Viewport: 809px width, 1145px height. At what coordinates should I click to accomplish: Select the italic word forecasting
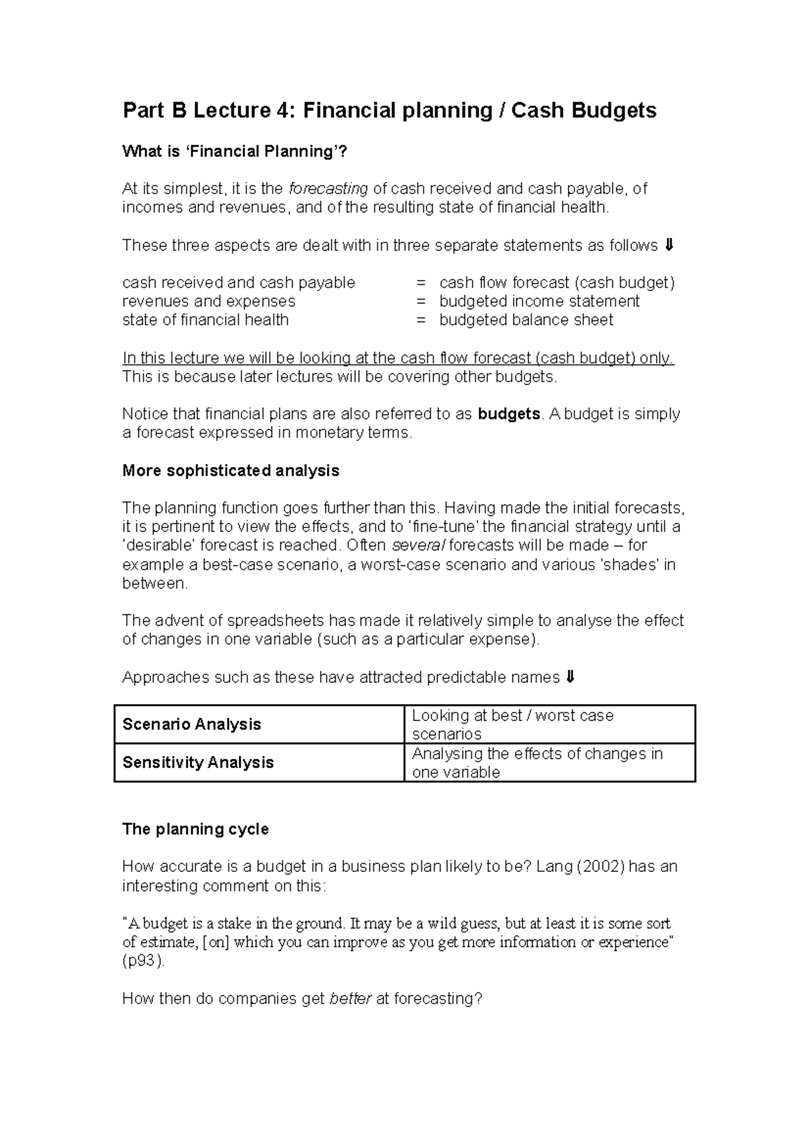coord(328,189)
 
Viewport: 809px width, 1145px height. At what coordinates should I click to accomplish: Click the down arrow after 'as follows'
coord(668,245)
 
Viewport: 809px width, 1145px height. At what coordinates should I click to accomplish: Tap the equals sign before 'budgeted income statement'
coord(421,301)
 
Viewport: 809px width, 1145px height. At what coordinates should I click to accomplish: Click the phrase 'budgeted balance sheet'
coord(526,320)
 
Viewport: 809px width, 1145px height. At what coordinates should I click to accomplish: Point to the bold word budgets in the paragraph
coord(509,414)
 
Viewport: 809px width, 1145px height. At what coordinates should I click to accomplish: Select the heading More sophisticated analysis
coord(231,471)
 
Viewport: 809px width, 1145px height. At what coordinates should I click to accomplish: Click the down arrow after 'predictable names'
coord(570,677)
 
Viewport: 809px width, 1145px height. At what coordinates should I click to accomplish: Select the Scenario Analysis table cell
coord(260,724)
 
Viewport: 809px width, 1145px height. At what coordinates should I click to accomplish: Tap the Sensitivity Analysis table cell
coord(260,763)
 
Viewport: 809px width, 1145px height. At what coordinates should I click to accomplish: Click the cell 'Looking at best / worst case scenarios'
coord(549,724)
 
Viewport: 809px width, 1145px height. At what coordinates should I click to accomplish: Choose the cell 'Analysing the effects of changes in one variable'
coord(549,763)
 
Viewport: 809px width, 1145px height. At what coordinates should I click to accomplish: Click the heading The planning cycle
coord(196,829)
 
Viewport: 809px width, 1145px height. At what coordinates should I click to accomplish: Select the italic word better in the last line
coord(350,999)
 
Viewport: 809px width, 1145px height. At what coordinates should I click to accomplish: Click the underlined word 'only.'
coord(657,358)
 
